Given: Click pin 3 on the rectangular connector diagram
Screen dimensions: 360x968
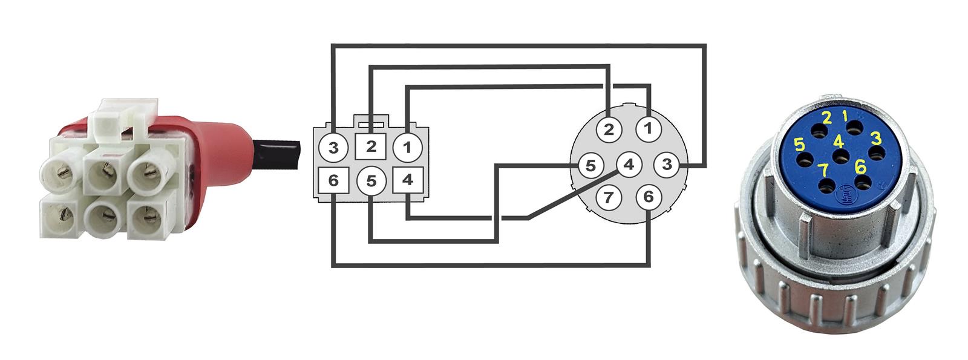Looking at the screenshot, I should point(333,147).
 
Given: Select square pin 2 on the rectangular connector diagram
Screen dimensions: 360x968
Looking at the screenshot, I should point(371,146).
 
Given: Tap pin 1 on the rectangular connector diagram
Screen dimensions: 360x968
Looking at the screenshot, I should point(407,147).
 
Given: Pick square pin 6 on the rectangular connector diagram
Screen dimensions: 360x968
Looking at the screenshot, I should point(333,180).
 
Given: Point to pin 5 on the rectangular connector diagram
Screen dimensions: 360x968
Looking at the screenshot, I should point(371,180).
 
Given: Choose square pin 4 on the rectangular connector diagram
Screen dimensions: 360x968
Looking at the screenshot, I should point(407,180).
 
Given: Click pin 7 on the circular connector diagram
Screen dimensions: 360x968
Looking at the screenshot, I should point(609,197).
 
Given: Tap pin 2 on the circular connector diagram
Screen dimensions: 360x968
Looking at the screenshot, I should point(609,129).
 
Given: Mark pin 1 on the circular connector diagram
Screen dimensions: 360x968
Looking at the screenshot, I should point(648,128).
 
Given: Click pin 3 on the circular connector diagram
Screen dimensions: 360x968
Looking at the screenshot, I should point(667,165).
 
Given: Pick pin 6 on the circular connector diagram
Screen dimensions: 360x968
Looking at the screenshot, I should point(648,197).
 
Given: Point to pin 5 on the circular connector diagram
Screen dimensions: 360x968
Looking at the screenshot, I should point(590,165).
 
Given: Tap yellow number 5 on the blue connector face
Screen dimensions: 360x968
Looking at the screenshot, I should point(799,144).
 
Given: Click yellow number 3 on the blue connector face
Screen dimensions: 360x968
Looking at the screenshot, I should point(875,138).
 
